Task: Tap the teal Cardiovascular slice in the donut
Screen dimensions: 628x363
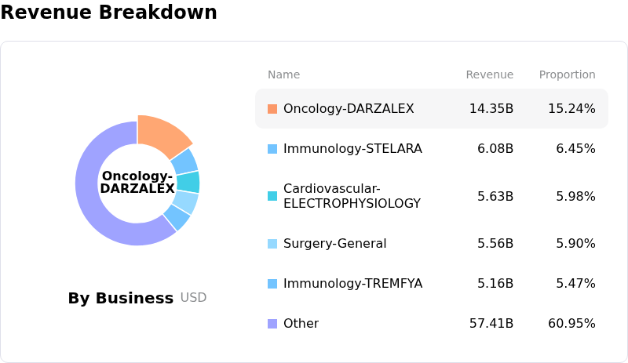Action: click(188, 182)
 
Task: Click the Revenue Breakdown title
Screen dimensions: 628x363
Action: click(108, 12)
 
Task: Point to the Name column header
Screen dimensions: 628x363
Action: click(283, 74)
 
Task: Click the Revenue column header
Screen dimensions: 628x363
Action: click(489, 74)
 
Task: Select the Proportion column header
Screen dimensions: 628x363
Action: click(567, 74)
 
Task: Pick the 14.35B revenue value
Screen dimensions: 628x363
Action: click(491, 108)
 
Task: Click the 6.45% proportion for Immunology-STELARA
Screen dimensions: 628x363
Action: click(575, 148)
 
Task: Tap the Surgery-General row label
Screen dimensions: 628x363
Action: click(335, 243)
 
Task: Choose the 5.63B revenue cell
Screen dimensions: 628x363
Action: click(495, 196)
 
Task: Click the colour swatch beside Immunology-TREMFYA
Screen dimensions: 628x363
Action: click(272, 284)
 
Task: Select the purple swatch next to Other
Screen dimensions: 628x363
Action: click(272, 324)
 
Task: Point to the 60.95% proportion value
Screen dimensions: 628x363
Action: click(571, 323)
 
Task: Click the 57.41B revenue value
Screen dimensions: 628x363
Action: click(491, 323)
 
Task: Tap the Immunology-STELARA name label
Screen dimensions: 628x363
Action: click(352, 148)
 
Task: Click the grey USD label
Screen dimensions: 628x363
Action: click(193, 297)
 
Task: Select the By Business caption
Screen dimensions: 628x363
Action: click(121, 298)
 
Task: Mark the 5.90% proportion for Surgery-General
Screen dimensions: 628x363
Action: click(575, 243)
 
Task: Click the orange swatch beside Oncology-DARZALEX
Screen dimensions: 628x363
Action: click(272, 109)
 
